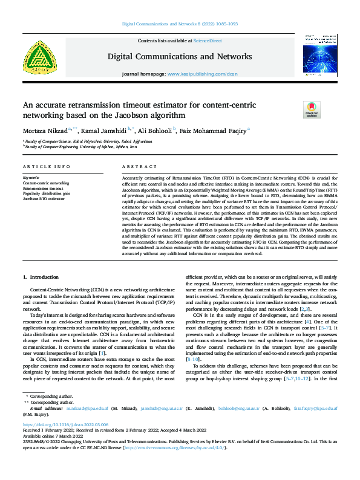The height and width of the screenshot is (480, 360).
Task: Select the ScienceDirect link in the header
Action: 206,40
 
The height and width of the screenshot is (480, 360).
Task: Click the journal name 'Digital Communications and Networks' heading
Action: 180,57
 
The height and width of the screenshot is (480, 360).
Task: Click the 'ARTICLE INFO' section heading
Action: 42,166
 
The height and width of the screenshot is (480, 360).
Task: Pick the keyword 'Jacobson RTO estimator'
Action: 44,198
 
